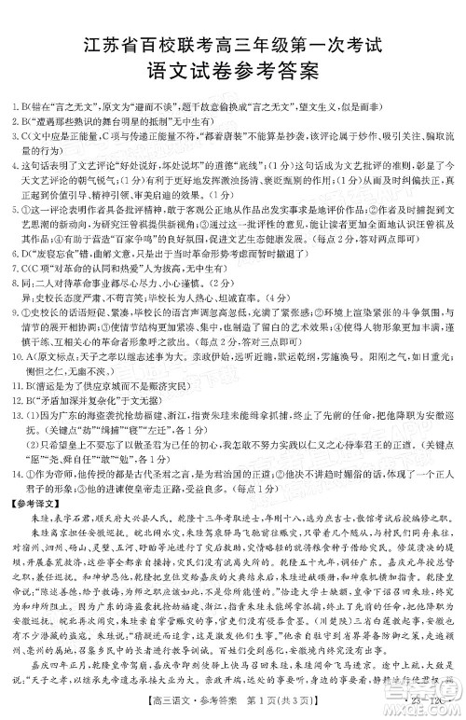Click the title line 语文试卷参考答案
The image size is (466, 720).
[x=233, y=68]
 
